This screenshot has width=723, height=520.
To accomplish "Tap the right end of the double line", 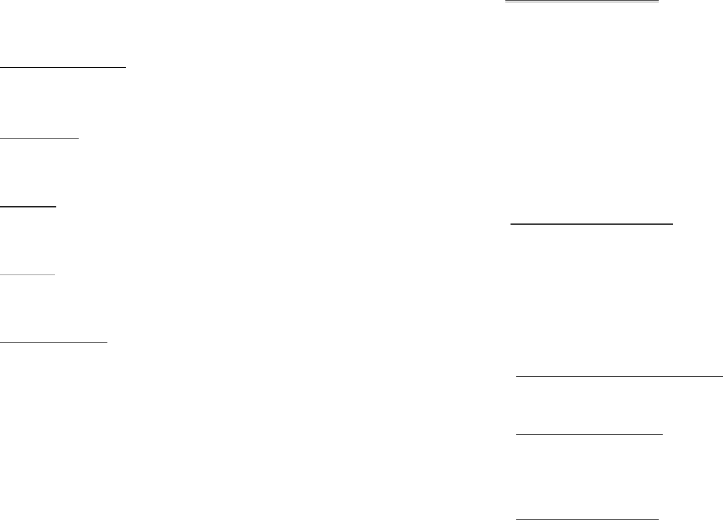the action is tap(658, 2).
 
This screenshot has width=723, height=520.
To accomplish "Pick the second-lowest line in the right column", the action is tap(589, 435).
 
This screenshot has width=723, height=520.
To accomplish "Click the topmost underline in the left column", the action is tap(63, 67).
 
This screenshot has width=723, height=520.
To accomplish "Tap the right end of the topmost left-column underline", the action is tap(125, 67).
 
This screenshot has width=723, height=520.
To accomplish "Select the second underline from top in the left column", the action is tap(39, 138).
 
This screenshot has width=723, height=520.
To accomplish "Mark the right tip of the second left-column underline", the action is tap(79, 138).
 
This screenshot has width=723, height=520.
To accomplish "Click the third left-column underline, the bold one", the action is tap(28, 206).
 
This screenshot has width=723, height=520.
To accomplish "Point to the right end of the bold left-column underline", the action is tap(56, 206).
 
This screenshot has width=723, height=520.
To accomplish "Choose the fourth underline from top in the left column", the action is tap(28, 275).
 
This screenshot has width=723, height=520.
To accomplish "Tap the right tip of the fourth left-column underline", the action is tap(55, 275).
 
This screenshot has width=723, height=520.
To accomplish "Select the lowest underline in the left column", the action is tap(54, 343).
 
